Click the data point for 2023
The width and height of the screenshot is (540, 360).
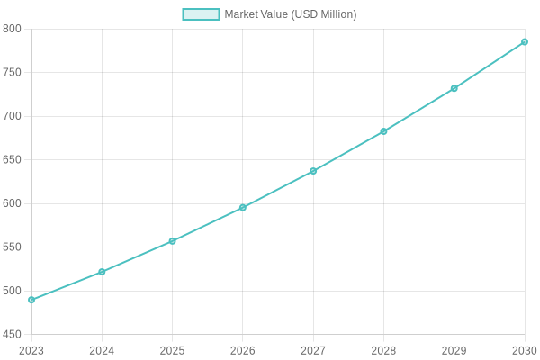31,300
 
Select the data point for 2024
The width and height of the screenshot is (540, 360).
102,272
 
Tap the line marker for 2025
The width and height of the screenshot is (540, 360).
172,241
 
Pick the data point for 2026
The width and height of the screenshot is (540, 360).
243,208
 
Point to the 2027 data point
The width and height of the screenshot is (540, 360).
313,171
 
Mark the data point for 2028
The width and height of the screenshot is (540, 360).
383,131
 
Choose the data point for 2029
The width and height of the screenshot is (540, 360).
454,88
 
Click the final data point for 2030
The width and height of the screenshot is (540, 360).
525,41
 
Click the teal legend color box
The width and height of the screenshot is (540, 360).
201,14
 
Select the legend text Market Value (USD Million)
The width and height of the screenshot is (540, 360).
290,14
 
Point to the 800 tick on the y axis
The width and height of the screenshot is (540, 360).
12,29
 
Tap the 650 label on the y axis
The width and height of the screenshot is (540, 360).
12,160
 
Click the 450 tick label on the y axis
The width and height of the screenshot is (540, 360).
12,335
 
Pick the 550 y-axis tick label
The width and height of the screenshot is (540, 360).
12,247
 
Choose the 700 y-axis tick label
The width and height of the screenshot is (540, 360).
12,116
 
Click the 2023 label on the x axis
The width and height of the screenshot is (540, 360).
31,350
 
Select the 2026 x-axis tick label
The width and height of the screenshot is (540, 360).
243,350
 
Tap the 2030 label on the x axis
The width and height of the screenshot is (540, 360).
525,350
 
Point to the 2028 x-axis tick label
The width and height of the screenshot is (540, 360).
383,350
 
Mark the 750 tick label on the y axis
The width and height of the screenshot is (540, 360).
12,73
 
